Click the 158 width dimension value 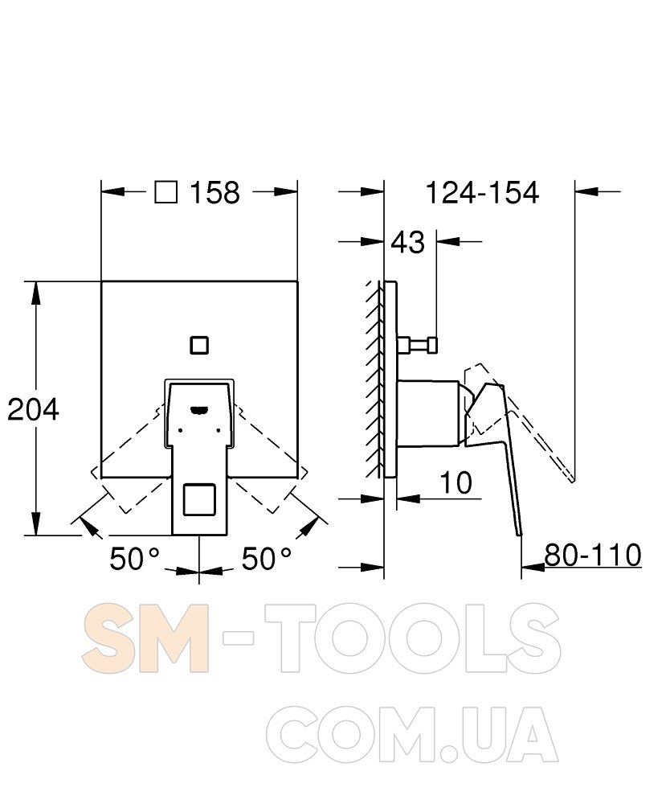214,193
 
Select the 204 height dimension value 33,410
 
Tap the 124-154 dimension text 482,193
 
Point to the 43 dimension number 408,242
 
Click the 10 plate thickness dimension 456,483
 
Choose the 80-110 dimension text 593,555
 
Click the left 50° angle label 135,559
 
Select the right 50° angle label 267,559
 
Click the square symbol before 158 166,192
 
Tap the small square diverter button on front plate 199,345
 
